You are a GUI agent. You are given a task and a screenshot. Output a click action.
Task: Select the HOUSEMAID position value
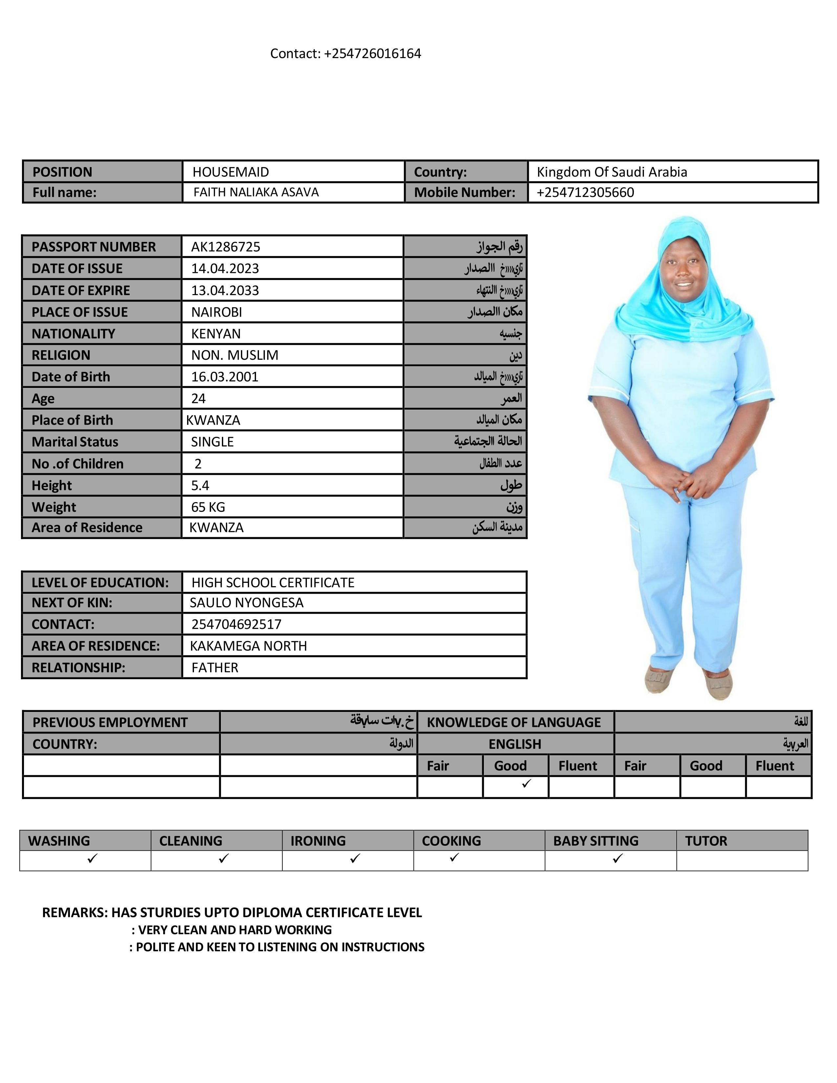[x=230, y=172]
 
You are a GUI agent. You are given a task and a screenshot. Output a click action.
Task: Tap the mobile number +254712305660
[x=585, y=192]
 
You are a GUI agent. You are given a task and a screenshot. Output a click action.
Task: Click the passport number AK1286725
[x=225, y=246]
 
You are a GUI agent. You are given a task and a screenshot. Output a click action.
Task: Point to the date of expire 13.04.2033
[x=225, y=290]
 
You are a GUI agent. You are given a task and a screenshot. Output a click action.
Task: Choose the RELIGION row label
[x=61, y=355]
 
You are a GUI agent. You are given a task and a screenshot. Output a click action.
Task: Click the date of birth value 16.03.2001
[x=225, y=377]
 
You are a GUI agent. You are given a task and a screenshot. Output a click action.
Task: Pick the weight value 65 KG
[x=208, y=507]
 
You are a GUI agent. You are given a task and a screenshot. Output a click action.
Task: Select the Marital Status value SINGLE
[x=212, y=442]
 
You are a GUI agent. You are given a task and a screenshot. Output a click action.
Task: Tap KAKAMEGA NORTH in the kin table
[x=248, y=646]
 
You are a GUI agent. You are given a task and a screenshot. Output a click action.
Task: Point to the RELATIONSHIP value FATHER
[x=215, y=668]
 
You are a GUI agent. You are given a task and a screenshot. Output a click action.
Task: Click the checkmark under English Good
[x=526, y=783]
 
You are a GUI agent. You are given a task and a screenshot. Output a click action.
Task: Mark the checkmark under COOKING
[x=454, y=857]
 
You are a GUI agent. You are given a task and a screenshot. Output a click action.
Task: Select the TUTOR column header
[x=706, y=841]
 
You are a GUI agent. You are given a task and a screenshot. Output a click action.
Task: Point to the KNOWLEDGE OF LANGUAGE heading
[x=514, y=723]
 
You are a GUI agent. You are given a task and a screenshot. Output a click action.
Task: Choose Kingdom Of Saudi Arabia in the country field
[x=612, y=172]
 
